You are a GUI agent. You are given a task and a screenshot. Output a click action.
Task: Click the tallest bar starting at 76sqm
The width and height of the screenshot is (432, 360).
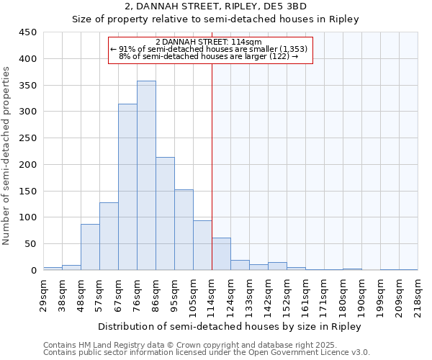tap(146, 176)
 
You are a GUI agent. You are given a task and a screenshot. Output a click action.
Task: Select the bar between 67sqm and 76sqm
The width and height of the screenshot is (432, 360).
tap(127, 187)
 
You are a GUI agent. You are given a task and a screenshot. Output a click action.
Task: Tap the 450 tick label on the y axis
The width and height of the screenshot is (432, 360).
tap(28, 32)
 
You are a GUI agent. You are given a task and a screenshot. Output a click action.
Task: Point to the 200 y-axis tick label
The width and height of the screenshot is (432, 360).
tap(28, 165)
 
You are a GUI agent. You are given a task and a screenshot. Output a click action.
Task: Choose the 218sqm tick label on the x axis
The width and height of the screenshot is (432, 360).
tap(418, 295)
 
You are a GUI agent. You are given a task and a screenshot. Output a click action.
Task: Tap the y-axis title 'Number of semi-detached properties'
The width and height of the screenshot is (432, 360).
tap(7, 156)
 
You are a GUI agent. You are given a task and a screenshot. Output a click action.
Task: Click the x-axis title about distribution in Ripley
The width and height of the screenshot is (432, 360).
tap(230, 326)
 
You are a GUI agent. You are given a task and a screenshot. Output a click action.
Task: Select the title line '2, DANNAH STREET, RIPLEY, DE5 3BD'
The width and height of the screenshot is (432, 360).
tap(215, 6)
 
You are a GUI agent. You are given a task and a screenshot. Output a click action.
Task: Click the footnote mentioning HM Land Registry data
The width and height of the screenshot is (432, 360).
tap(205, 345)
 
